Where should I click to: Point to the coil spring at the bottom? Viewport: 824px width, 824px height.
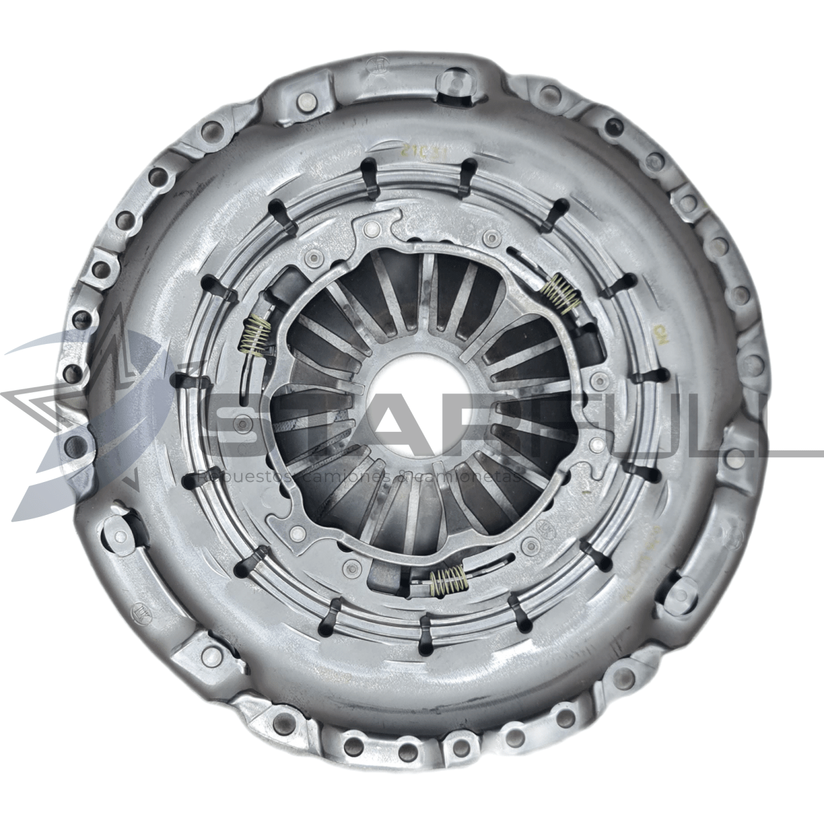448,581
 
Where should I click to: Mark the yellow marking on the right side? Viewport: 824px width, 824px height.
662,336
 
